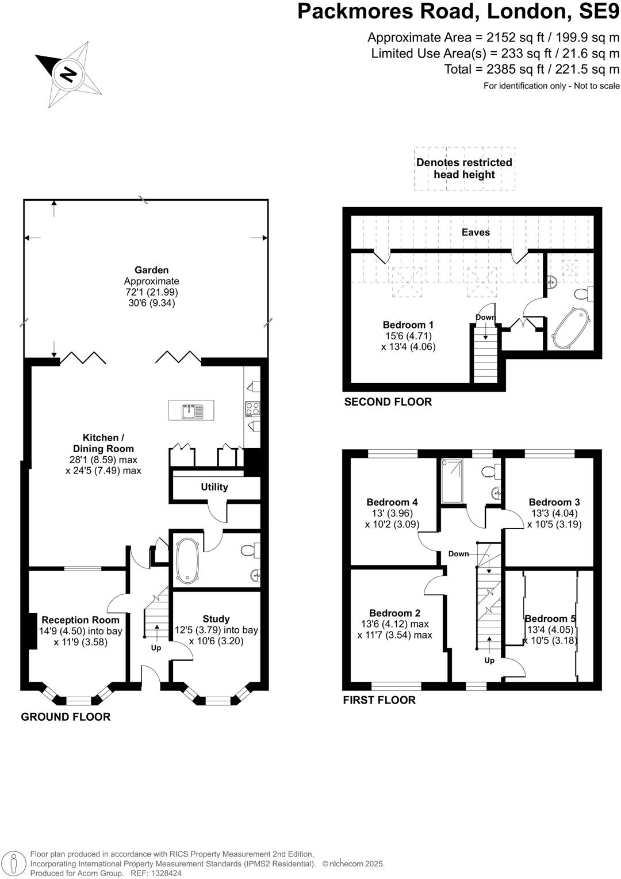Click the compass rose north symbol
(68, 74)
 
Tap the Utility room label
(214, 487)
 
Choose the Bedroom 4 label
(392, 502)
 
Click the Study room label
(216, 619)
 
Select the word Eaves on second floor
(476, 232)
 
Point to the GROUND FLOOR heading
(66, 717)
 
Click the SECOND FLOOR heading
(388, 402)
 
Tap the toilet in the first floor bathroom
(489, 472)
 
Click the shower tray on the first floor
(454, 481)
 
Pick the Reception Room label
(80, 620)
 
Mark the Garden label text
(152, 270)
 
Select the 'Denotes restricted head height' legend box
(464, 169)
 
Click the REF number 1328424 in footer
(165, 873)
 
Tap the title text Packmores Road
(389, 11)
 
